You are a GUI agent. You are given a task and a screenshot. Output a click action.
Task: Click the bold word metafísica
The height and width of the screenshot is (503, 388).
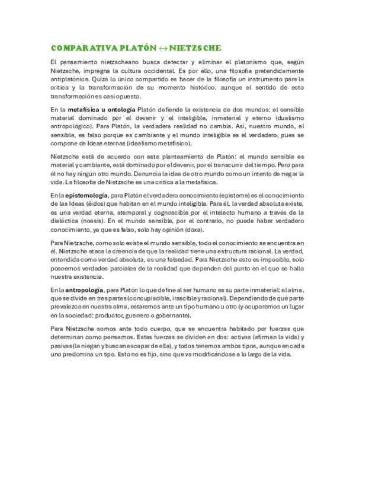[x=84, y=110]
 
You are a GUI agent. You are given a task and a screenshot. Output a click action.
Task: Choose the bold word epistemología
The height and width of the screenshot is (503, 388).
[x=86, y=195]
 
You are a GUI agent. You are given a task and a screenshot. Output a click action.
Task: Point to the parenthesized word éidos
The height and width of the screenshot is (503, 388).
[x=97, y=204]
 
